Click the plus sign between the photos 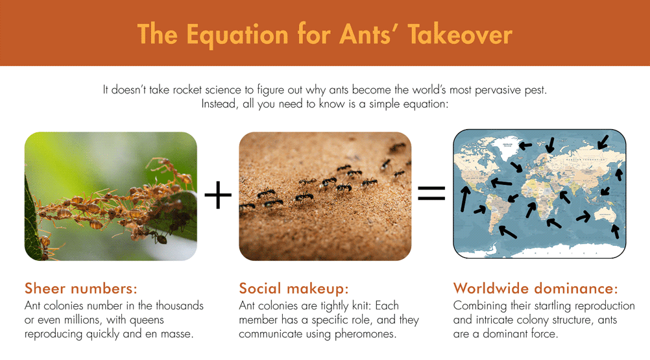pyautogui.click(x=218, y=195)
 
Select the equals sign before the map pyautogui.click(x=431, y=193)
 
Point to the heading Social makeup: pyautogui.click(x=294, y=288)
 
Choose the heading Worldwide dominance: pyautogui.click(x=535, y=288)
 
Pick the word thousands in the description pyautogui.click(x=178, y=306)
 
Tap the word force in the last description pyautogui.click(x=546, y=334)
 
